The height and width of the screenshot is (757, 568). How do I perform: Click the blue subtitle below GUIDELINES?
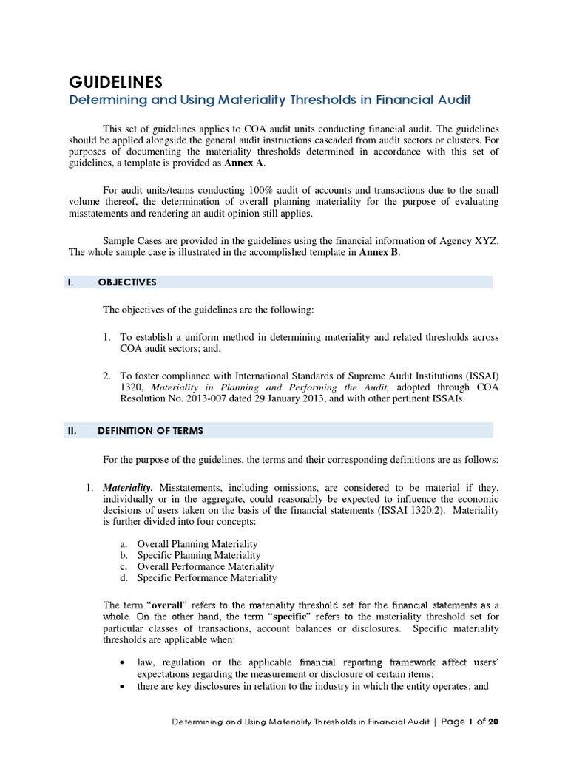pyautogui.click(x=270, y=100)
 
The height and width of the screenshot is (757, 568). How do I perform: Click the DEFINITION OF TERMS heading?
pyautogui.click(x=150, y=430)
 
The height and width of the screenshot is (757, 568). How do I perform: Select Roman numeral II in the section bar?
pyautogui.click(x=74, y=430)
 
